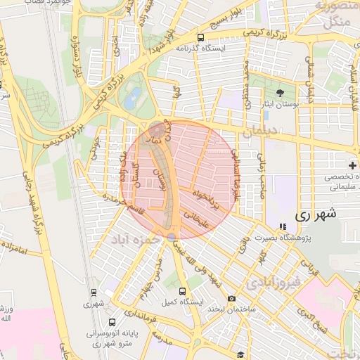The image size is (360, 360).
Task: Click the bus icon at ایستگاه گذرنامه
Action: coord(202,38)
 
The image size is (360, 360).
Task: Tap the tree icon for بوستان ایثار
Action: coord(280,93)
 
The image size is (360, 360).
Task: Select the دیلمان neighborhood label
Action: coord(260,131)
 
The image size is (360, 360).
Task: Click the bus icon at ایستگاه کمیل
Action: coord(183,291)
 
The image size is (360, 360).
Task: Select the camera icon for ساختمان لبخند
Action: coord(231,300)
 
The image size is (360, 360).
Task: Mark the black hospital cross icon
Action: coord(352,165)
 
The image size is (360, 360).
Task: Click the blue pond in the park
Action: coord(132,98)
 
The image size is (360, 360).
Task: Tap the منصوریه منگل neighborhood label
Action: coord(342,14)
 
